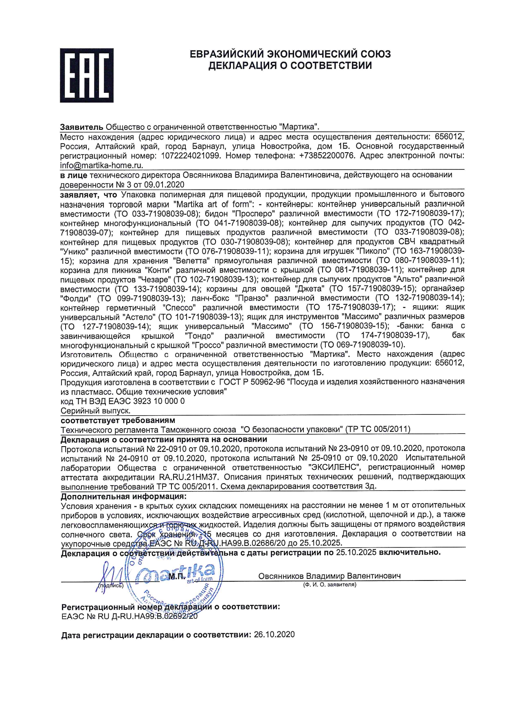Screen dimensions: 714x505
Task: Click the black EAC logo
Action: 86,75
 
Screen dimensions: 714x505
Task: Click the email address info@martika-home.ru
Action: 101,165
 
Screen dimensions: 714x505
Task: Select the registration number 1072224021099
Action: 191,156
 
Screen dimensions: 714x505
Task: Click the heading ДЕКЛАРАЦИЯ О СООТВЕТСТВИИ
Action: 290,66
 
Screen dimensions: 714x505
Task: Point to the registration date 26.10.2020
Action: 274,635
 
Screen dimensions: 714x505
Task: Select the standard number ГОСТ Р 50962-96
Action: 252,382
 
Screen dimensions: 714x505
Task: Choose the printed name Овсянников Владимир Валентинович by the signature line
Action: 329,576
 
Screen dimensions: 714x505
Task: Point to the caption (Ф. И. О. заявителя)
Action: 329,585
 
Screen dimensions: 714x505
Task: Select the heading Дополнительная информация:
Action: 123,497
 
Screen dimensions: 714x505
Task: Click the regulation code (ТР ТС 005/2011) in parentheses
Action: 378,429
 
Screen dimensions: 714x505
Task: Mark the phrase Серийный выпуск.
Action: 96,411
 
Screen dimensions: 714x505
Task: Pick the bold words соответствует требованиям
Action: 118,420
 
